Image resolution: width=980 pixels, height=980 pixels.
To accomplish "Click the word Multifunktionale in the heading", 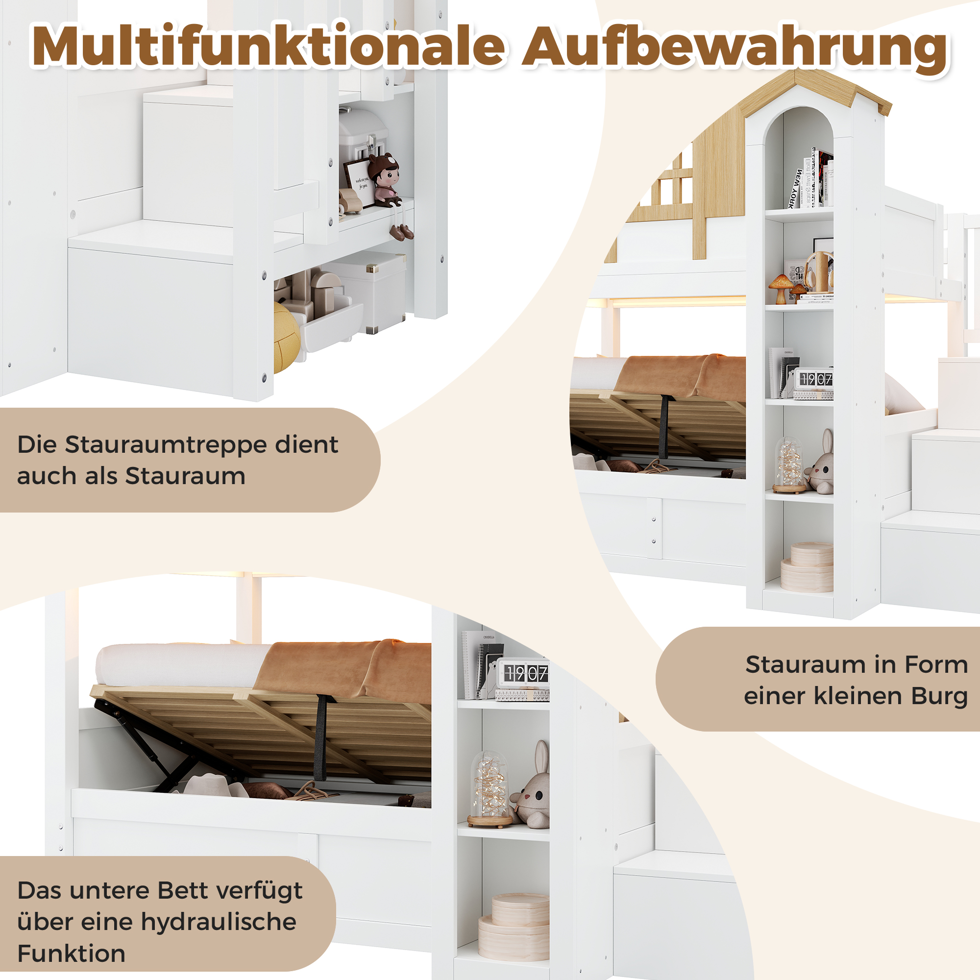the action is click(269, 47).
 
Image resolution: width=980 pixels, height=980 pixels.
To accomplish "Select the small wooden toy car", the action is click(350, 200).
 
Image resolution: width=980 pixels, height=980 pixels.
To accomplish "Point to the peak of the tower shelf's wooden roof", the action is click(795, 71).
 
